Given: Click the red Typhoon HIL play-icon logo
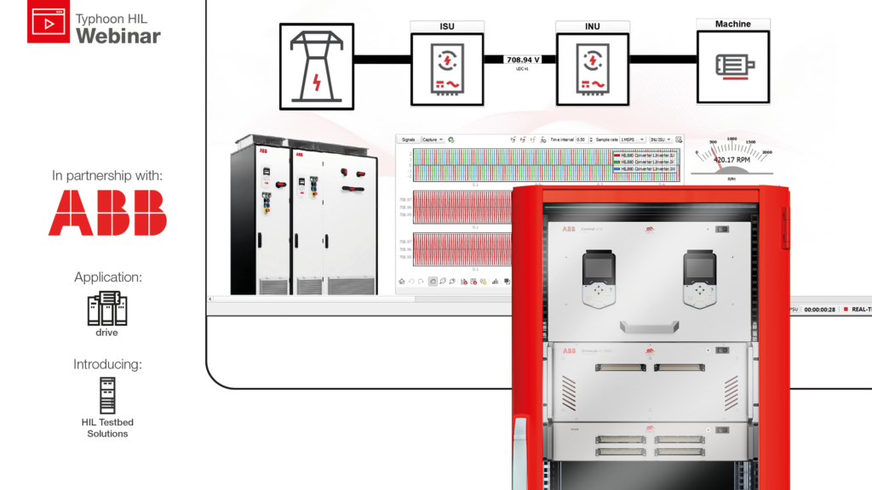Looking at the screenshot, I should click(49, 23).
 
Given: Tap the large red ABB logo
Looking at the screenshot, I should click(107, 213).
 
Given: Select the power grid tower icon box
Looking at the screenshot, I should click(317, 69).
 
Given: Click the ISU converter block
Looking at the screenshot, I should click(447, 70).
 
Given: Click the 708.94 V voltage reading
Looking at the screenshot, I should click(523, 60).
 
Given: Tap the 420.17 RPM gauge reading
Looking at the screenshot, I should click(731, 158).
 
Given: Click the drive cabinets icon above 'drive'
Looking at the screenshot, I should click(106, 309).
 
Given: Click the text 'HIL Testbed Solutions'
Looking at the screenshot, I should click(107, 428).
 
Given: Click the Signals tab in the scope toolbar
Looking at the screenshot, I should click(409, 140).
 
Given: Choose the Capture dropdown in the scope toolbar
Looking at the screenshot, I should click(433, 140).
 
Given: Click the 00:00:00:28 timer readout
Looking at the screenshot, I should click(821, 310).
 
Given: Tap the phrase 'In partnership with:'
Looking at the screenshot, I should click(107, 176).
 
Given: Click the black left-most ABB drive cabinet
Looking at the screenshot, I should click(261, 217).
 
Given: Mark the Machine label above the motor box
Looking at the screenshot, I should click(733, 25).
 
